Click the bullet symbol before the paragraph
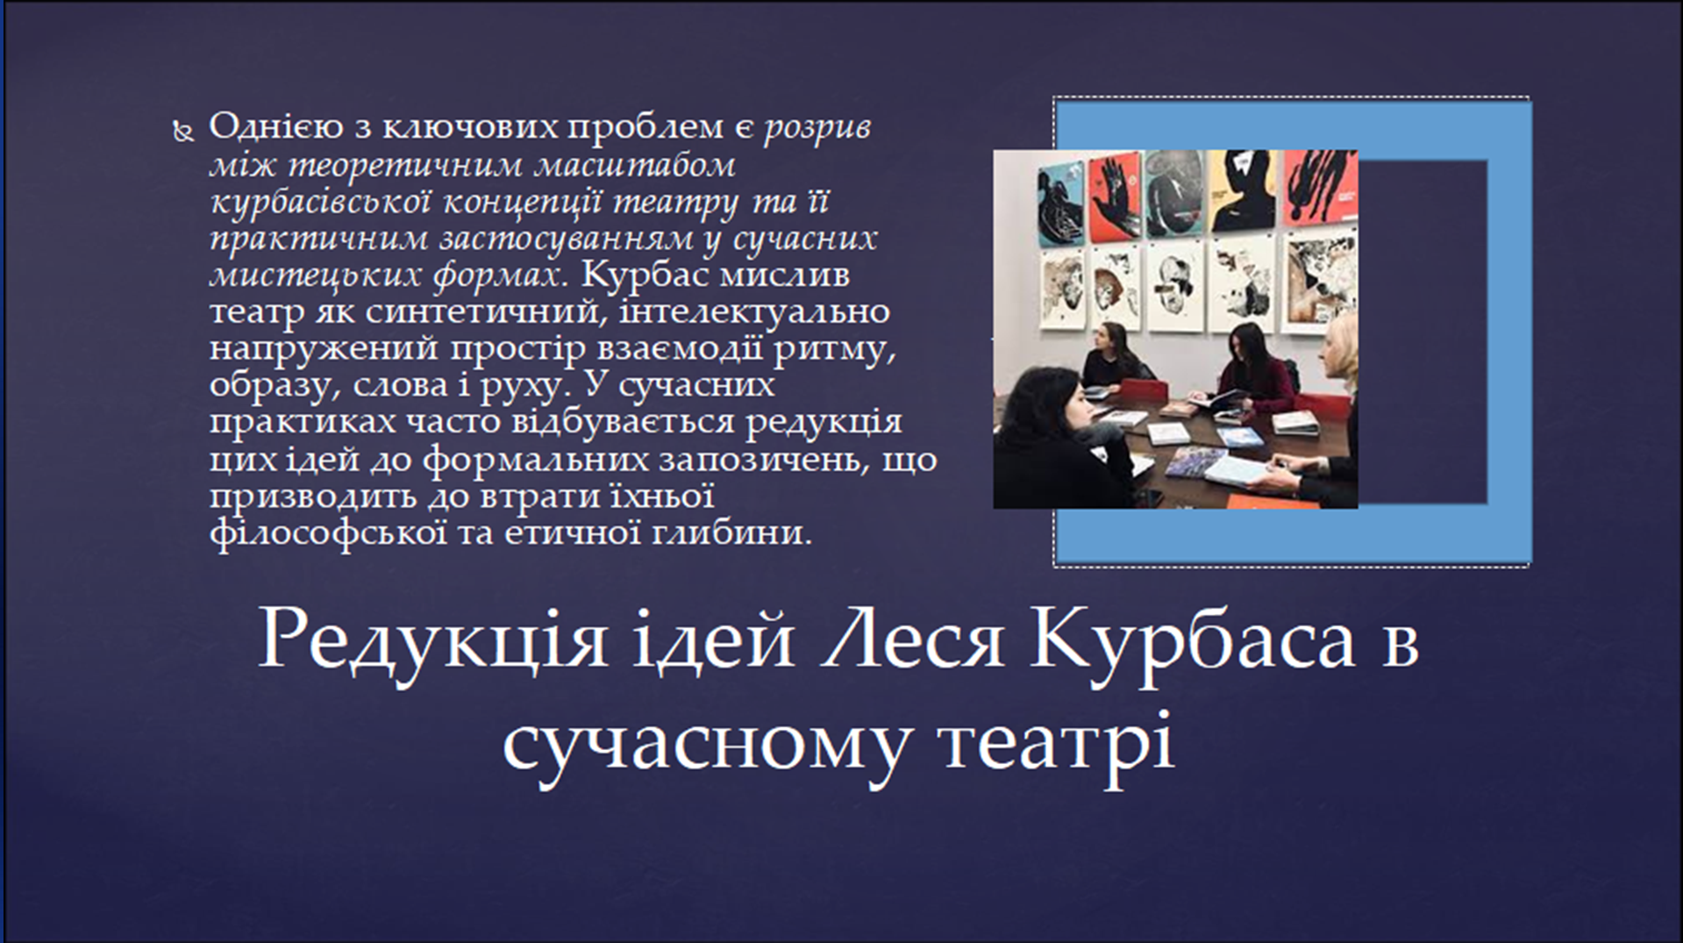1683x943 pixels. tap(182, 132)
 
